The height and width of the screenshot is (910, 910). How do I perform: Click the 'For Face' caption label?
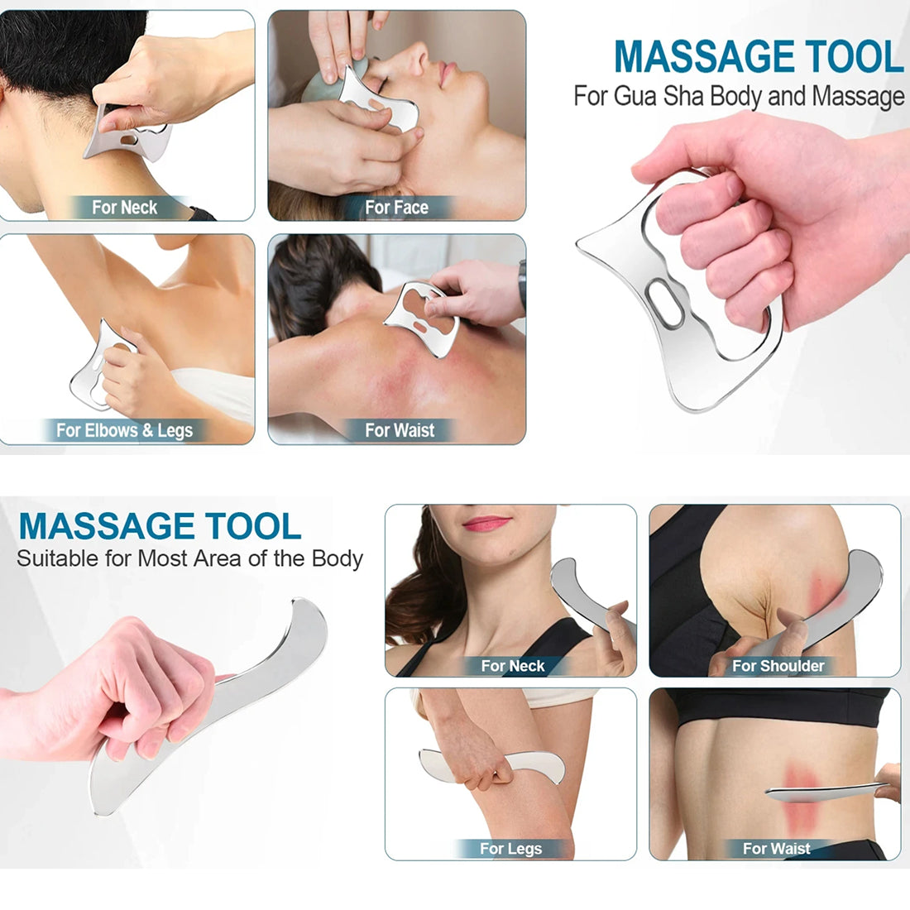pyautogui.click(x=396, y=207)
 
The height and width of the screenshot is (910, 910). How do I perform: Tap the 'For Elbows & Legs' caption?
pyautogui.click(x=124, y=430)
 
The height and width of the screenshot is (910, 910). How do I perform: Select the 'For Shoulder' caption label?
pyautogui.click(x=778, y=666)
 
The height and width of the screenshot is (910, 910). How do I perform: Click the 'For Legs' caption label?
pyautogui.click(x=510, y=849)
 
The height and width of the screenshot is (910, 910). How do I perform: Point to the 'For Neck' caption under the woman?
pyautogui.click(x=512, y=666)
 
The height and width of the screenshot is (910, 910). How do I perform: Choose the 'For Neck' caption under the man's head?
pyautogui.click(x=124, y=207)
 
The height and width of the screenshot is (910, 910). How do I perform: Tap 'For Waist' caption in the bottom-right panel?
pyautogui.click(x=777, y=849)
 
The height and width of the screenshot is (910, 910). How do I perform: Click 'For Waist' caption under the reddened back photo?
pyautogui.click(x=400, y=430)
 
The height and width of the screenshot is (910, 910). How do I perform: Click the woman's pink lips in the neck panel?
pyautogui.click(x=486, y=524)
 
